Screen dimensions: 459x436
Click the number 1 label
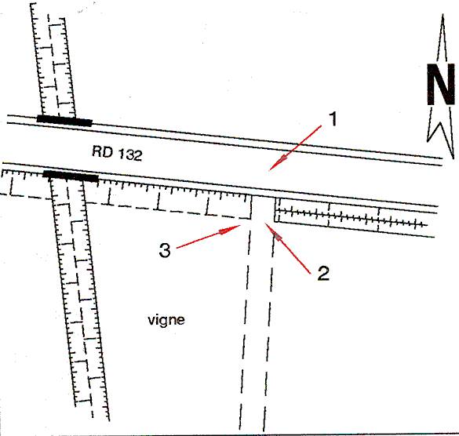pos(333,119)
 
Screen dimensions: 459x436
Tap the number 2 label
pos(323,274)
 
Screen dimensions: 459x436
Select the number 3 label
pos(165,250)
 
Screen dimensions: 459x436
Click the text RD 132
pos(117,153)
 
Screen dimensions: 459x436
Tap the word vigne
pos(166,320)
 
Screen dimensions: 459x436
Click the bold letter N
pos(440,84)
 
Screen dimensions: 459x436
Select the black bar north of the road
pos(64,121)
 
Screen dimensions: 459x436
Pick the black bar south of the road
pos(71,176)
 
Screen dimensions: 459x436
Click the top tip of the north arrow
pos(443,15)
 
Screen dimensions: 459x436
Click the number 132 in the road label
pos(128,154)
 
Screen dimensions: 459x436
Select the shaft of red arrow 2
pos(288,249)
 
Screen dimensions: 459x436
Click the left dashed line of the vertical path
pos(246,325)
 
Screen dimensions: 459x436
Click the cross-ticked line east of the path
pos(352,217)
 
